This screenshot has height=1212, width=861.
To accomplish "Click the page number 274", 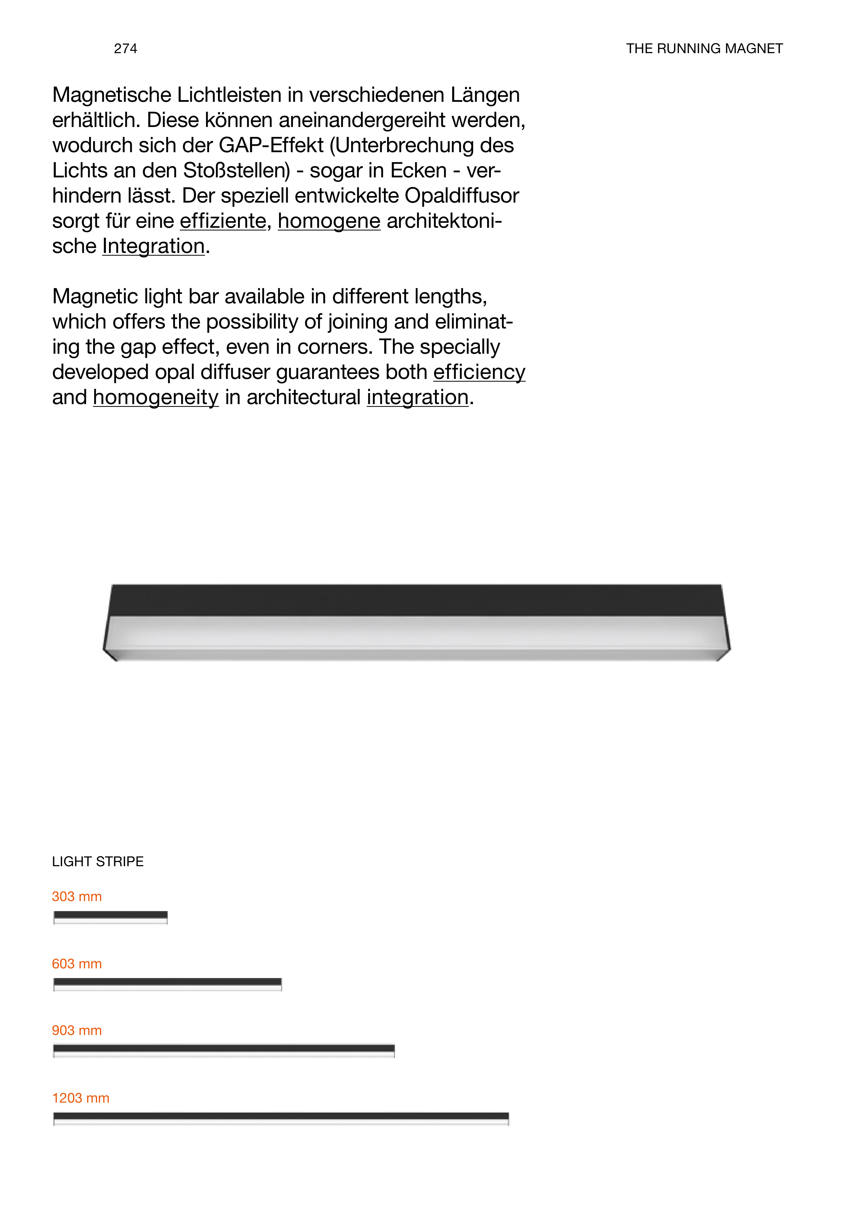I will coord(125,49).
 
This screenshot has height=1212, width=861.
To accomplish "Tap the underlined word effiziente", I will coord(223,221).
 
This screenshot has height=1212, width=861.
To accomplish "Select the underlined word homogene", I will coord(329,221).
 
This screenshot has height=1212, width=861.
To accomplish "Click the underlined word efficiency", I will coord(479,372).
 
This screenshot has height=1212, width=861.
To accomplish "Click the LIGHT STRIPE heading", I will coord(98,861).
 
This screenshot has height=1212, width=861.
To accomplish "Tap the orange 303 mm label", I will coord(77,896).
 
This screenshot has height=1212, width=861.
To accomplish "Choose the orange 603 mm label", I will coord(77,964).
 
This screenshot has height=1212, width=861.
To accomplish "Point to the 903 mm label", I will coord(77,1030).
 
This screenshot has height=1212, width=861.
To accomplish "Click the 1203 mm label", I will coord(81,1098).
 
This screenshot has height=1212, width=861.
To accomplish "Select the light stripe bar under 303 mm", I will coord(110,917).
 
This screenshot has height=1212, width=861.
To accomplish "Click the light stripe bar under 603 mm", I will coord(168,985).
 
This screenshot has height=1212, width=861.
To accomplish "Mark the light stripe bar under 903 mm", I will coord(224,1051).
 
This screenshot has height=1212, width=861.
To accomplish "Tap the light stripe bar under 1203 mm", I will coord(281,1118).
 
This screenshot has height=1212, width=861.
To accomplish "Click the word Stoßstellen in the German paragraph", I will coord(236,171).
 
